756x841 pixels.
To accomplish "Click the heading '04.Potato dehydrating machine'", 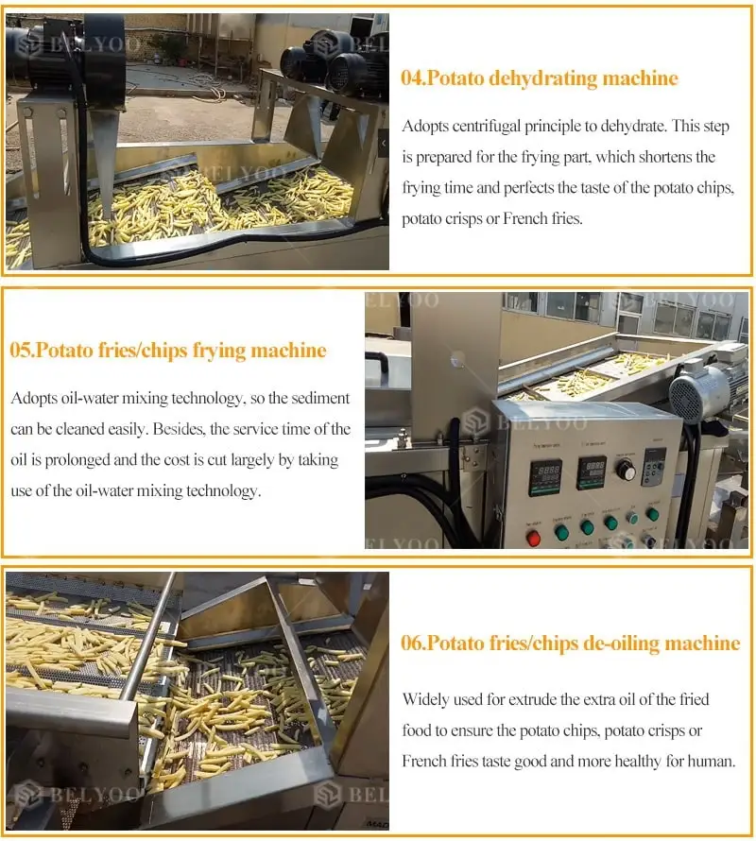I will (540, 78).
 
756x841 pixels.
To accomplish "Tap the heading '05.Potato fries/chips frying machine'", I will (168, 352).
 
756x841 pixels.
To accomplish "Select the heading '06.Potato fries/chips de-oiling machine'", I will (571, 644).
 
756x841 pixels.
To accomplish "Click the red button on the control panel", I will (533, 537).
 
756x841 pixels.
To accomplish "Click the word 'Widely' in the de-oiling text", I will (426, 699).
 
